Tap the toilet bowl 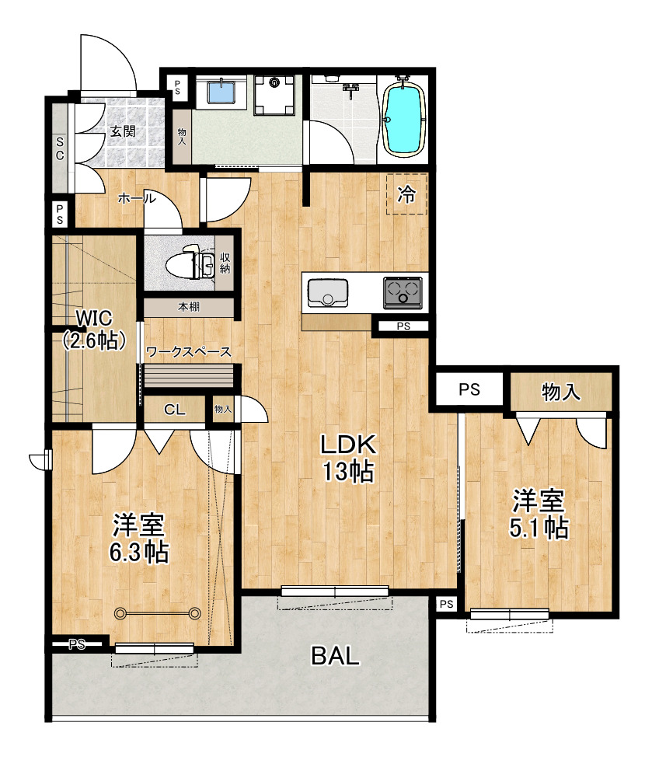coord(182,264)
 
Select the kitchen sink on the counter coord(328,292)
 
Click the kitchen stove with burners coord(403,292)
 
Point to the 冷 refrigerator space coord(406,194)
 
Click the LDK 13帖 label coord(348,458)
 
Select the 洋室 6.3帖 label coord(139,539)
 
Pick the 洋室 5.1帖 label coord(539,515)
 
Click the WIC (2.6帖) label coord(95,330)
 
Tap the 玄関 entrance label coord(123,131)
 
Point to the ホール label coord(137,198)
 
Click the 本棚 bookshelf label coord(188,306)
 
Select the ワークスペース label coord(189,352)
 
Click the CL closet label coord(174,410)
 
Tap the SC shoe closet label coord(60,148)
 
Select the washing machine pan coord(274,95)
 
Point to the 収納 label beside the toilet coord(225,263)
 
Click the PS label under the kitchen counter coord(403,326)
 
